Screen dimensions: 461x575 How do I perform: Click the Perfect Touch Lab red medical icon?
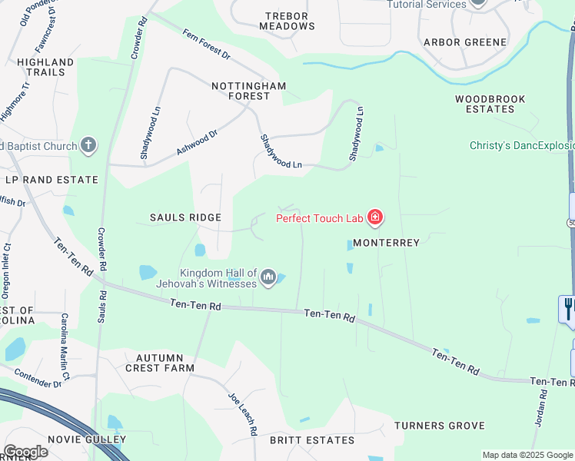point(375,218)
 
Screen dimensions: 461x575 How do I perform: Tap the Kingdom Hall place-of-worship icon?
point(268,277)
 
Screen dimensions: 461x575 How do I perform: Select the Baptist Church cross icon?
point(88,144)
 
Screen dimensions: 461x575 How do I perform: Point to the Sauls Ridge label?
point(184,217)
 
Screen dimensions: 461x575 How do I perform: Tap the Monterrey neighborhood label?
point(387,243)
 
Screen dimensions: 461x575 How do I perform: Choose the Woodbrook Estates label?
point(490,104)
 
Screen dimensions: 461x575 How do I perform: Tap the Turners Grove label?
point(440,425)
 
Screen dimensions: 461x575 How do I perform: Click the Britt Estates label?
point(312,440)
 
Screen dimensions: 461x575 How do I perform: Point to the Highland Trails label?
point(45,67)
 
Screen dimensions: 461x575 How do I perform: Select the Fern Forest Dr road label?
point(206,43)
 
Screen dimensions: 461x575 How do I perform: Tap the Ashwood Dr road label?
point(197,142)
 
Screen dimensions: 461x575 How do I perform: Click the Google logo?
point(25,451)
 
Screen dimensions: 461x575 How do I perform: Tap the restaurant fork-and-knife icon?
point(567,308)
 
